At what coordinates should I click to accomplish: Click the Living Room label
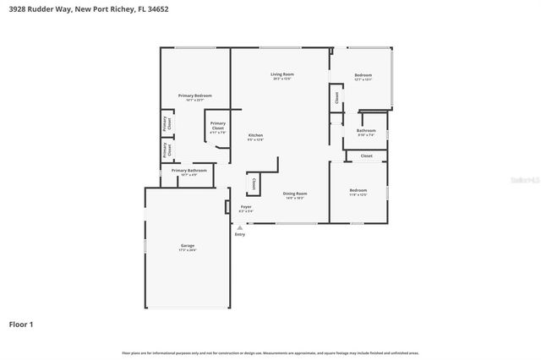click(281, 74)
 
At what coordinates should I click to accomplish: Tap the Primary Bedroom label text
click(194, 95)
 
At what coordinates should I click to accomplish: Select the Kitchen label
click(255, 135)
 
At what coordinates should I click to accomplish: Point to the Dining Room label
click(295, 193)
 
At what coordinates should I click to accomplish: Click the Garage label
click(188, 246)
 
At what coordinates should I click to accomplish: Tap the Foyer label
click(246, 206)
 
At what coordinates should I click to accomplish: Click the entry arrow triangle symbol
click(240, 226)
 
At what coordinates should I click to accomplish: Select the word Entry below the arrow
click(240, 234)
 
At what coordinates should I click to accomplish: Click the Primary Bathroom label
click(189, 170)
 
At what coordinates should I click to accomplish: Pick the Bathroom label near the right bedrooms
click(366, 130)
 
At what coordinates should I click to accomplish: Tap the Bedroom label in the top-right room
click(363, 75)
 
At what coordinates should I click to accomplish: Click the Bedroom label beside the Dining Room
click(358, 189)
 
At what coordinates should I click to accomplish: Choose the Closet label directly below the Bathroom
click(366, 155)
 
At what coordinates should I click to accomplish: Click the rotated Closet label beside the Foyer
click(254, 183)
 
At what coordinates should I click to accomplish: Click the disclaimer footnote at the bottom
click(270, 352)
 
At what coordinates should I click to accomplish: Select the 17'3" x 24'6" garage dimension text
click(188, 251)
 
